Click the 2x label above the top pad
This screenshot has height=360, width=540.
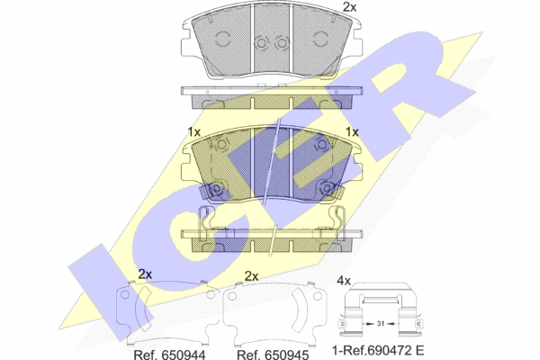(x=349, y=7)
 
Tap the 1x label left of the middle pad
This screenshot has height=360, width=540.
(x=193, y=132)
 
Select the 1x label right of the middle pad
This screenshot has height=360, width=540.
(x=352, y=132)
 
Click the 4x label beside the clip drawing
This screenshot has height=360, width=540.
(x=344, y=281)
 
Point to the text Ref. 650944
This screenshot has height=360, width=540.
(x=169, y=355)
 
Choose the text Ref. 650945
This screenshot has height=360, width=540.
(x=273, y=355)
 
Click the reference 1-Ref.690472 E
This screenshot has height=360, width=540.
(x=378, y=351)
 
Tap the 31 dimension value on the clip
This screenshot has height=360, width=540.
(x=380, y=323)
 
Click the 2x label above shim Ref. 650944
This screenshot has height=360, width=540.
(x=145, y=274)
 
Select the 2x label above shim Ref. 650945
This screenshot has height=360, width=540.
(x=251, y=276)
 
